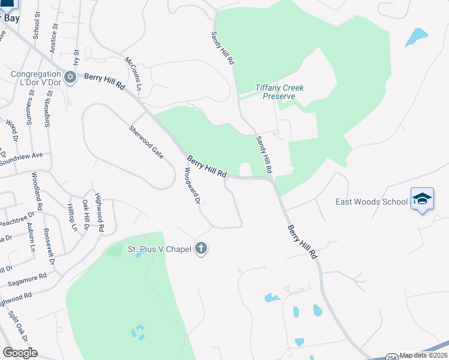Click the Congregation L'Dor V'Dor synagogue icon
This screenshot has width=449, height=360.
[x=70, y=77]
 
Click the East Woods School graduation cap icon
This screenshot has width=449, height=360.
[x=422, y=199]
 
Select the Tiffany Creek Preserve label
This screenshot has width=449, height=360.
[x=279, y=92]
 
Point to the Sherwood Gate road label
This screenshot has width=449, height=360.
[x=146, y=142]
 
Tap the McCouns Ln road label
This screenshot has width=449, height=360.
[x=133, y=73]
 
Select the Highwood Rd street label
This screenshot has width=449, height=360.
[x=100, y=217]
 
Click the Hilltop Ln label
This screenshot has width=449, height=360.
[x=72, y=218]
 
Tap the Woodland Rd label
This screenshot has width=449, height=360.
[x=38, y=191]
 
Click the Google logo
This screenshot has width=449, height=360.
[x=20, y=353]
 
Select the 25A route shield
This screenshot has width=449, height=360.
[x=391, y=356]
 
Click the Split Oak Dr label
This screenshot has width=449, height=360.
[x=14, y=325]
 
